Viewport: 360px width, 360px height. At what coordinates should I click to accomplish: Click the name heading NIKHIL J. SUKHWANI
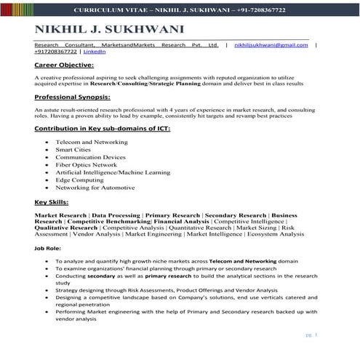(110, 30)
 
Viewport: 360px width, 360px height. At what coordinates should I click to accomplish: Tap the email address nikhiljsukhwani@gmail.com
(270, 45)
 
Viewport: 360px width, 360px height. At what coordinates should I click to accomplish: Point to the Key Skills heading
(52, 201)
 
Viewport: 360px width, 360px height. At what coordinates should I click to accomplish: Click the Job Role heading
(48, 248)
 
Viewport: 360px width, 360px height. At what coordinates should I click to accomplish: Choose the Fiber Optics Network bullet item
(86, 164)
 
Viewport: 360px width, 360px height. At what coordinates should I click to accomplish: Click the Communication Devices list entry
(90, 156)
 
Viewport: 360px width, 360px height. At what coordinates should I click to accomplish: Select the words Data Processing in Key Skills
(116, 215)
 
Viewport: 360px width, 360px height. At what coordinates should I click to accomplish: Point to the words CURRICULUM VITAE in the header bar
(116, 10)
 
